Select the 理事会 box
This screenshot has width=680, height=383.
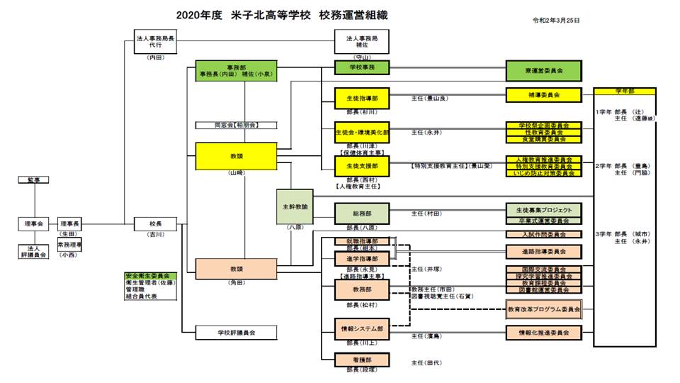point(30,224)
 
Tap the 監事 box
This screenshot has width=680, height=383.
point(33,180)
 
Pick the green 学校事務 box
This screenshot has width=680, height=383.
point(362,67)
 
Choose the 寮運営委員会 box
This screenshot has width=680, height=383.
point(543,71)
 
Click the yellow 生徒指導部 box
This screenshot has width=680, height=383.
point(362,98)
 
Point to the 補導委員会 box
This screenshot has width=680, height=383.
point(543,94)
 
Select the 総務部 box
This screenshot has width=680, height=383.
point(362,213)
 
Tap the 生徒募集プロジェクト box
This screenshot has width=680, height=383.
point(543,211)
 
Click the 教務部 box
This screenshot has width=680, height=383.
point(362,290)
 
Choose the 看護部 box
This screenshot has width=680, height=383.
point(362,360)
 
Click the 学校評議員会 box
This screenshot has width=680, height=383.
point(236,331)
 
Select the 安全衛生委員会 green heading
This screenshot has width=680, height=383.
point(151,275)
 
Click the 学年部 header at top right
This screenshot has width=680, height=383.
point(624,91)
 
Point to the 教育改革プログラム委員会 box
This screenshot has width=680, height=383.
point(543,310)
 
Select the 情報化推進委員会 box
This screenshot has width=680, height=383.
point(543,332)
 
